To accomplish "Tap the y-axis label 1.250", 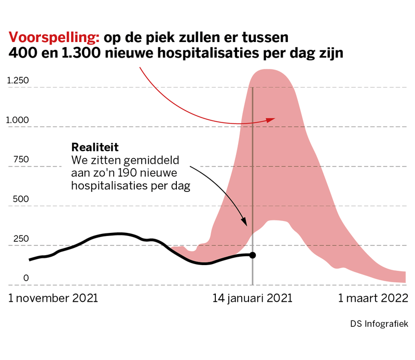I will (x=18, y=80).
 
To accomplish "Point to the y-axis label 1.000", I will (x=18, y=120).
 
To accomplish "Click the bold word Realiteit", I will (x=91, y=147).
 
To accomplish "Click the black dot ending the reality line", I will (x=253, y=255).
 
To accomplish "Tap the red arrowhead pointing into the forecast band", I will (x=271, y=119).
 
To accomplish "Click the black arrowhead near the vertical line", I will (x=245, y=223).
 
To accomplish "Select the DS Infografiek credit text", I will (x=379, y=324).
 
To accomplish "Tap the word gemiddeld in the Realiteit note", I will (x=146, y=159).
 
